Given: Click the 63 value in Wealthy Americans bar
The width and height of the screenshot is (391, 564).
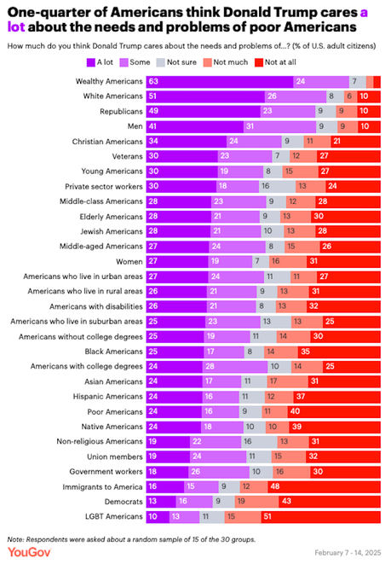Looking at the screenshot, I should [154, 81].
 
